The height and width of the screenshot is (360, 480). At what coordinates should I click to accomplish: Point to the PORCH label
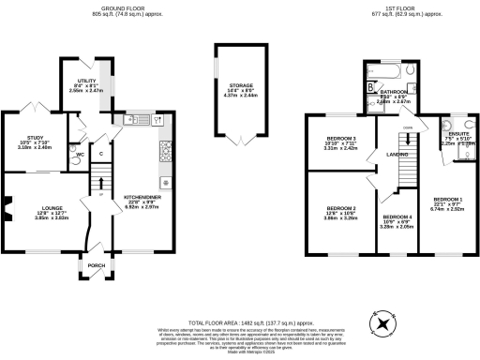pyautogui.click(x=95, y=264)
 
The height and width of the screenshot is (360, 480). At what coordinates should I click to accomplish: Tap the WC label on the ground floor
pyautogui.click(x=80, y=153)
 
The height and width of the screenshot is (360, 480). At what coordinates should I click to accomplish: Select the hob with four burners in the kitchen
pyautogui.click(x=168, y=148)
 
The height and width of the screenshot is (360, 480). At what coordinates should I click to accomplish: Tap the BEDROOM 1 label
pyautogui.click(x=447, y=199)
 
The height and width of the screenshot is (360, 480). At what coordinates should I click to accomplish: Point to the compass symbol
pyautogui.click(x=383, y=322)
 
